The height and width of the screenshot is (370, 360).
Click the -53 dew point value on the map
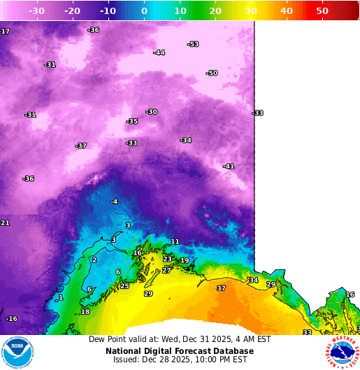[x=193, y=44]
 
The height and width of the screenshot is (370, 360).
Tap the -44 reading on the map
[x=159, y=52]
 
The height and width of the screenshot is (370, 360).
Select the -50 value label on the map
[x=212, y=73]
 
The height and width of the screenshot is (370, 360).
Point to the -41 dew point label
[x=228, y=166]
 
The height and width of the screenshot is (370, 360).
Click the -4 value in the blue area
[x=114, y=201]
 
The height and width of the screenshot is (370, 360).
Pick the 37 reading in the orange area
[x=221, y=288]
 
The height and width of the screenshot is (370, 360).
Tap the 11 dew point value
[x=175, y=241]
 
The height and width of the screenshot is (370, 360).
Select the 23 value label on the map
[x=167, y=259]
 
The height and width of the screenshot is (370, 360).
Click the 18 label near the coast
[x=85, y=312]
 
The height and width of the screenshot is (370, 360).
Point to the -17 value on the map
[x=4, y=31]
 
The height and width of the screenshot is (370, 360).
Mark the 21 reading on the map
[x=4, y=222]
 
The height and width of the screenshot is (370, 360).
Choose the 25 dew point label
[x=124, y=286]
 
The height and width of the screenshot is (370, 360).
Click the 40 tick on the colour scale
[x=287, y=11]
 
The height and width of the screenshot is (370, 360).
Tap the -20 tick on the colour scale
[x=72, y=11]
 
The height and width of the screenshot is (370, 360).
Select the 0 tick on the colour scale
[x=144, y=11]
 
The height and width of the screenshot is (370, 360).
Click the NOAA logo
[x=17, y=352]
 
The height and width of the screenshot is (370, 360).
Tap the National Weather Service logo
[x=342, y=352]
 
